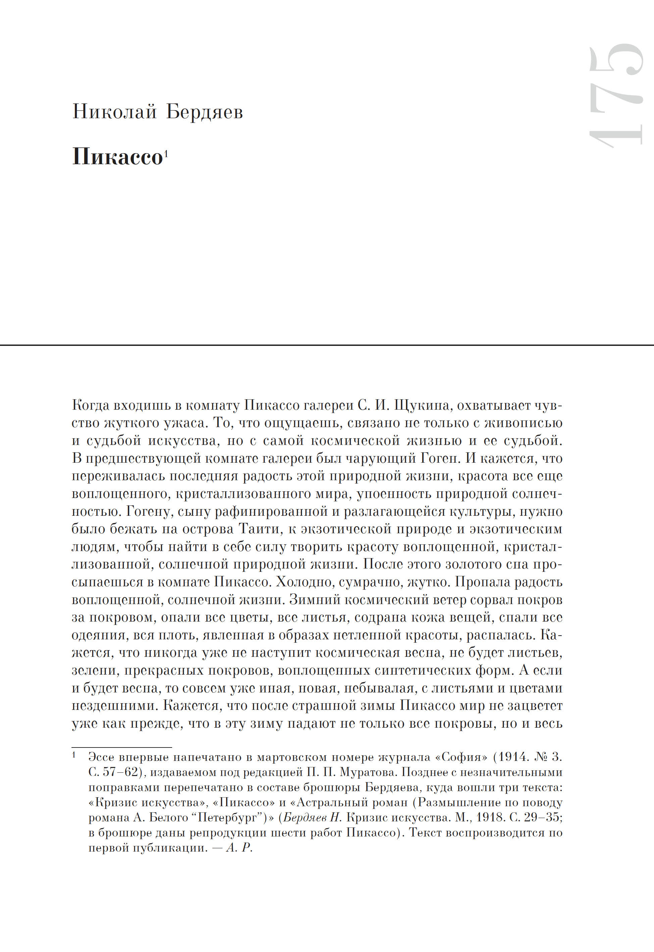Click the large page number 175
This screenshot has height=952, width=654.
(x=615, y=95)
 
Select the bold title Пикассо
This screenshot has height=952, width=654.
(x=117, y=156)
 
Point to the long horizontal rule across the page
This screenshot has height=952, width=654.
(x=327, y=345)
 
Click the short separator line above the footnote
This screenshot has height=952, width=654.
(x=122, y=748)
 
